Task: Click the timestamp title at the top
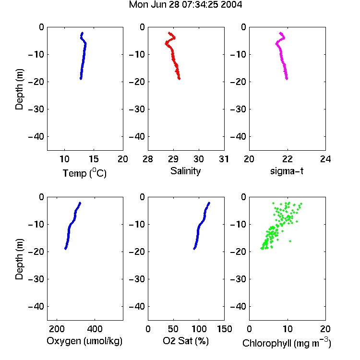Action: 185,5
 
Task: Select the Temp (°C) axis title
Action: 84,173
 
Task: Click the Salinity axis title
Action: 185,171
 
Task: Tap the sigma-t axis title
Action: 287,171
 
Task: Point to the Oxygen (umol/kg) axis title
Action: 84,341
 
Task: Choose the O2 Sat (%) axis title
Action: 186,341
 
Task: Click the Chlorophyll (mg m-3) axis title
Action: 287,343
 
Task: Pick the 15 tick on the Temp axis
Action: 94,159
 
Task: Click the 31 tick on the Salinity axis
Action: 224,159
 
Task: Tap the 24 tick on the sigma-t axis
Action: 325,159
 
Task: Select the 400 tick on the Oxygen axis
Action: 95,329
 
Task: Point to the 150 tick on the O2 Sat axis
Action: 224,329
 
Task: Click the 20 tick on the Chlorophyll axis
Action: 325,329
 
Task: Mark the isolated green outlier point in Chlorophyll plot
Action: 290,241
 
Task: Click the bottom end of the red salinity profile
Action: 179,79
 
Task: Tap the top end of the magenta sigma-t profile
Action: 281,33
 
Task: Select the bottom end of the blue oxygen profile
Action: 66,249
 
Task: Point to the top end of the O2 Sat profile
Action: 209,203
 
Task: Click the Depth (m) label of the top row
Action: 19,89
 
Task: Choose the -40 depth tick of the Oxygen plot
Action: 36,306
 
